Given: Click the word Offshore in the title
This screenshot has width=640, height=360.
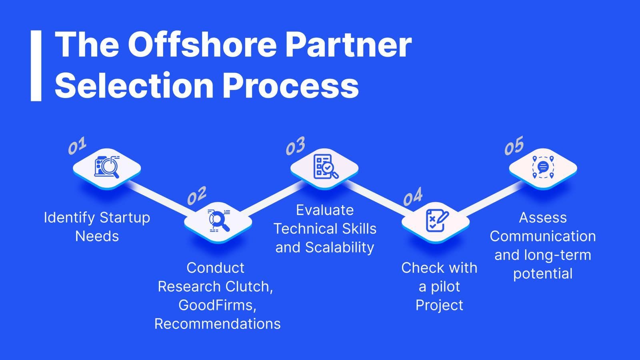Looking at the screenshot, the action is point(202,45).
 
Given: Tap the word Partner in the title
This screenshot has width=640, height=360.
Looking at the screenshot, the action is point(348,45).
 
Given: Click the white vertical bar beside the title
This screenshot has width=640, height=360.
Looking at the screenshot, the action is point(36,66).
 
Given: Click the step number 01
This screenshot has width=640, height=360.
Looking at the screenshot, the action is point(77,146).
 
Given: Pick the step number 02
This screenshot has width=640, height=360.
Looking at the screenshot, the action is point(197,196).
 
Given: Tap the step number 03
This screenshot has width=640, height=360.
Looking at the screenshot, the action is point(296,146).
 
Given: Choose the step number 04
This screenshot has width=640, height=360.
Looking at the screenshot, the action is point(413,196).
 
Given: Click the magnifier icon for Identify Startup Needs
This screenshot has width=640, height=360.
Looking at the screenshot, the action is point(107,167).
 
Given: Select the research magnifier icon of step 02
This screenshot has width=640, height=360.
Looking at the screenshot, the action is point(218,220).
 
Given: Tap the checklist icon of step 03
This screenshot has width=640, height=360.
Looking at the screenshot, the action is point(326,166).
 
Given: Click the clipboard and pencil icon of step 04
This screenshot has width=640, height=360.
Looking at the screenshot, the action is point(437,220).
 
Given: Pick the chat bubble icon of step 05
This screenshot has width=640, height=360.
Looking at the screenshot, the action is point(543,167).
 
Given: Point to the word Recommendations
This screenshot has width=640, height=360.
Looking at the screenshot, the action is point(218,324).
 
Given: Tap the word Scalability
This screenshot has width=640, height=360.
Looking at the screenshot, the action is point(340,248).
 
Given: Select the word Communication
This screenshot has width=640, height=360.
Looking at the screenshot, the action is point(543,236).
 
